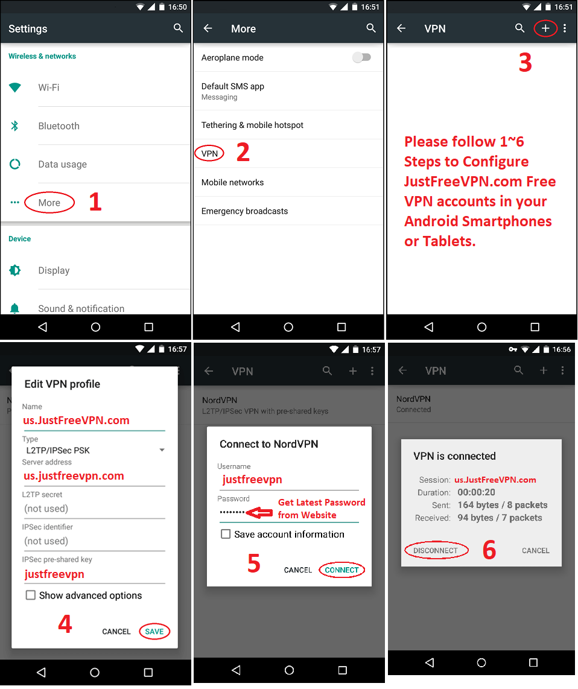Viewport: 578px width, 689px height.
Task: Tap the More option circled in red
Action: pyautogui.click(x=49, y=203)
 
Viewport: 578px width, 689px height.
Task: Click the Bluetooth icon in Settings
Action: pyautogui.click(x=14, y=126)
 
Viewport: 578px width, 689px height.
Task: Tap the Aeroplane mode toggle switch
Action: pyautogui.click(x=362, y=57)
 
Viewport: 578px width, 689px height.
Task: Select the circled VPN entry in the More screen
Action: pyautogui.click(x=209, y=153)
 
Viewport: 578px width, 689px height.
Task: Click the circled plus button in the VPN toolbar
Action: pyautogui.click(x=545, y=28)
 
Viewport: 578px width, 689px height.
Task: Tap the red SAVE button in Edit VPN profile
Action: pyautogui.click(x=154, y=632)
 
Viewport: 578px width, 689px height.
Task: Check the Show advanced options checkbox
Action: pyautogui.click(x=30, y=595)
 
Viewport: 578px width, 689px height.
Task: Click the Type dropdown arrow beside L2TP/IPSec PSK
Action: pyautogui.click(x=162, y=450)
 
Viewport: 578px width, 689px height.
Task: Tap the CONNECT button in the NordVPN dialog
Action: pyautogui.click(x=342, y=570)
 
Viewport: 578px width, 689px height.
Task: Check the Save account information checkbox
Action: pyautogui.click(x=226, y=534)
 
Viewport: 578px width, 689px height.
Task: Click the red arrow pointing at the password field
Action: pyautogui.click(x=259, y=512)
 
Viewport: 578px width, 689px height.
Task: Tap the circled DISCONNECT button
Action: pyautogui.click(x=436, y=550)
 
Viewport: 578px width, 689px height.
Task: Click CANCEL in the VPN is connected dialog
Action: pyautogui.click(x=535, y=551)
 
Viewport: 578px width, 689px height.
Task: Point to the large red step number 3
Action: pyautogui.click(x=526, y=62)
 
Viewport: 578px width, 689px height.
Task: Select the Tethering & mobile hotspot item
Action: pyautogui.click(x=252, y=125)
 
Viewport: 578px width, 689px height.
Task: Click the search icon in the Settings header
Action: pyautogui.click(x=178, y=28)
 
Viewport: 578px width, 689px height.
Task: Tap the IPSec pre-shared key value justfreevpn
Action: pyautogui.click(x=54, y=574)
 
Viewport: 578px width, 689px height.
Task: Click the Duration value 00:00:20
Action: pyautogui.click(x=476, y=492)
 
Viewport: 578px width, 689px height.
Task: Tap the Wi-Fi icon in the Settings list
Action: pyautogui.click(x=15, y=87)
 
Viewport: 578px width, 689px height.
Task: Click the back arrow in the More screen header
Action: pyautogui.click(x=208, y=28)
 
